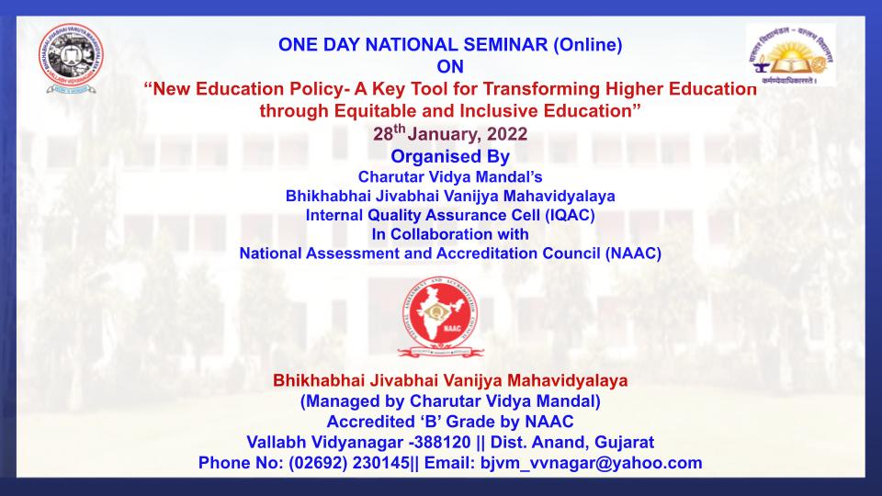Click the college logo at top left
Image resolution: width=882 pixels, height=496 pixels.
[x=72, y=58]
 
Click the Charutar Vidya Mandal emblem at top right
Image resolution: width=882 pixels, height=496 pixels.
[x=791, y=54]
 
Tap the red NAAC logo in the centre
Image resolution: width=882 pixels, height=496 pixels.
[x=440, y=317]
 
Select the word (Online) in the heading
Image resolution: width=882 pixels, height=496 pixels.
[x=588, y=45]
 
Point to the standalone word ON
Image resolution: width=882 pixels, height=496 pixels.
[x=450, y=67]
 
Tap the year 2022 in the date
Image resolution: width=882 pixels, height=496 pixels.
[x=507, y=134]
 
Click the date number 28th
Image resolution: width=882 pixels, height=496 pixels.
[x=390, y=132]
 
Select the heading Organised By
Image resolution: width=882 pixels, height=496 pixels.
[x=450, y=156]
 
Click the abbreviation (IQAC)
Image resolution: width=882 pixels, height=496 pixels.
[x=570, y=215]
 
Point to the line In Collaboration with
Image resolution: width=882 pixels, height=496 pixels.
[x=450, y=234]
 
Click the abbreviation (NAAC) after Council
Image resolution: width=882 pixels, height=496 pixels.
[x=633, y=254]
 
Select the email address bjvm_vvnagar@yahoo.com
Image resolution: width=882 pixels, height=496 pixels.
[x=591, y=463]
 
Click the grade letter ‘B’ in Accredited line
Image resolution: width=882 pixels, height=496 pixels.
[x=430, y=422]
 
